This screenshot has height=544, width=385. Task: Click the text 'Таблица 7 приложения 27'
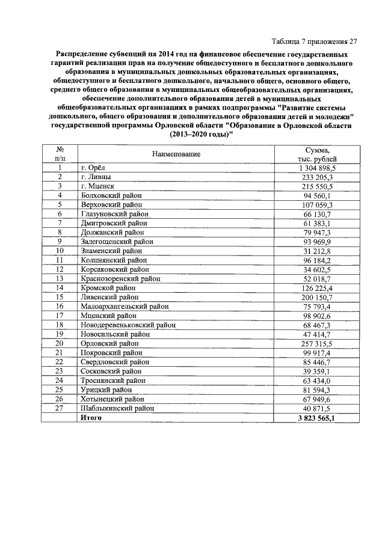pos(314,41)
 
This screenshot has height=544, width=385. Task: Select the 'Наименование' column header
pos(176,154)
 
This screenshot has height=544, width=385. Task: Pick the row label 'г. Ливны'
pos(96,177)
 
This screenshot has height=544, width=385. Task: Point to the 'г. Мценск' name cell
pos(97,186)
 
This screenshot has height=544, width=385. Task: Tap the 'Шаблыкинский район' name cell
pos(115,408)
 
